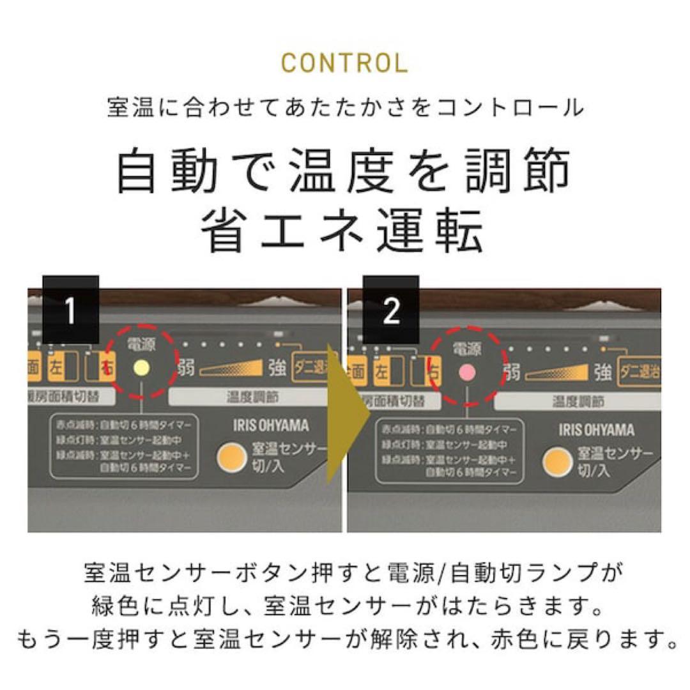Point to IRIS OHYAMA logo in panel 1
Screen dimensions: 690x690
[x=271, y=426]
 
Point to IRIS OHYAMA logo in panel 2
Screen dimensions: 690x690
[x=597, y=429]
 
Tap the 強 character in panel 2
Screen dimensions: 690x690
[x=602, y=372]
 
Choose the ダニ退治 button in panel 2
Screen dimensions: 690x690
[x=639, y=372]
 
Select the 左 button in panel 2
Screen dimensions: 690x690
[x=381, y=371]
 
